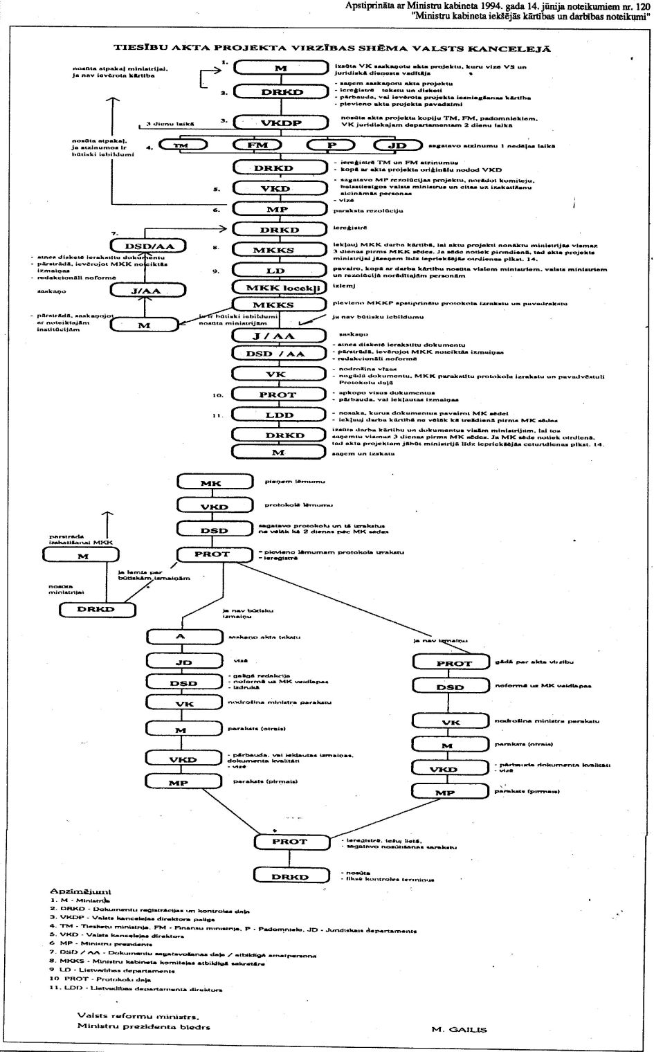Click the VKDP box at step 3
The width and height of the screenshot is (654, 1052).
279,123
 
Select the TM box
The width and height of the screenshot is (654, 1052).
181,146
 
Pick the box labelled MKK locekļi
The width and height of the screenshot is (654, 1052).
279,287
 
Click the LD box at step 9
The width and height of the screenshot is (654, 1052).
279,271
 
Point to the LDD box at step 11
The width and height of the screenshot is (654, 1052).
279,415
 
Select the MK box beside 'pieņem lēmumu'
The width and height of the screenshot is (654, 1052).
211,483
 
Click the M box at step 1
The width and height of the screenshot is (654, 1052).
279,68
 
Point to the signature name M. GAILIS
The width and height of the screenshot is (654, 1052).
459,1029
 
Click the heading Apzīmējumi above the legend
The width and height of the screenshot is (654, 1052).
80,891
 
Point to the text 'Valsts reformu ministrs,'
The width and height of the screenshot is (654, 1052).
138,1016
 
